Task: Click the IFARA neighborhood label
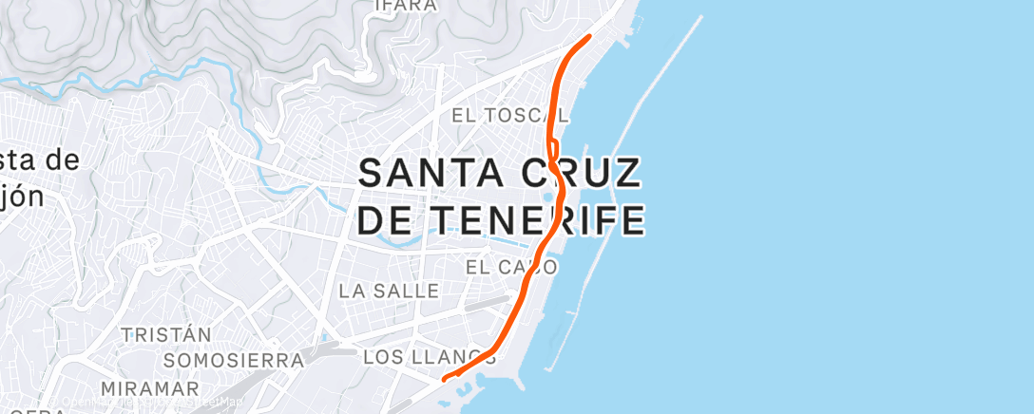click(406, 6)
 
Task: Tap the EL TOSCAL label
click(509, 116)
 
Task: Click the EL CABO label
click(511, 269)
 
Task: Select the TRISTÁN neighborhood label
click(165, 335)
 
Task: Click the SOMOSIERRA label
click(233, 361)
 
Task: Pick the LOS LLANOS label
click(430, 358)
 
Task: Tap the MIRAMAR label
click(150, 389)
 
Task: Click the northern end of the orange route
click(589, 36)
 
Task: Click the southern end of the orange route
click(445, 380)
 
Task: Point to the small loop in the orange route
click(552, 152)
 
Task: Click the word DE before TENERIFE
click(388, 220)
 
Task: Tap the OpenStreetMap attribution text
click(152, 403)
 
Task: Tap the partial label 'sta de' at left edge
click(38, 160)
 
